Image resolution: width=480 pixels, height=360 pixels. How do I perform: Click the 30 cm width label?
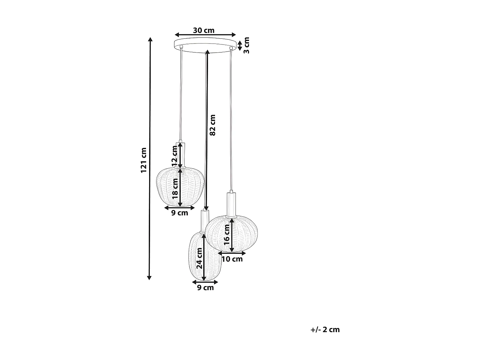pyautogui.click(x=204, y=30)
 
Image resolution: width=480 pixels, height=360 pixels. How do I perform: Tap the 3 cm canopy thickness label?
pyautogui.click(x=246, y=45)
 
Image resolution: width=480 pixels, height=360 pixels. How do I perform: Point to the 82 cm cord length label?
pyautogui.click(x=212, y=125)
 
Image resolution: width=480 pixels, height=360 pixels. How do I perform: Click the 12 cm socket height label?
pyautogui.click(x=174, y=156)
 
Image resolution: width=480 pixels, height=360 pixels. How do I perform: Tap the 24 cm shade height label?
pyautogui.click(x=199, y=258)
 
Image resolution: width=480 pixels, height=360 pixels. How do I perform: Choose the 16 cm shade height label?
pyautogui.click(x=227, y=235)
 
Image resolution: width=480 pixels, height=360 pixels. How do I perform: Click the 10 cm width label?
pyautogui.click(x=232, y=259)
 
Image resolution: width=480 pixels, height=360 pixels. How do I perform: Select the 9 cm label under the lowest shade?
pyautogui.click(x=205, y=288)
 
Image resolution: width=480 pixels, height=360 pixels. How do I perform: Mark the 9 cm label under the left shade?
pyautogui.click(x=180, y=213)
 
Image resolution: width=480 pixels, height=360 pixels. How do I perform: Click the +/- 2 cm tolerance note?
pyautogui.click(x=325, y=330)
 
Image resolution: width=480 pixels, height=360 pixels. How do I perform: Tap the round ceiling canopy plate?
pyautogui.click(x=205, y=44)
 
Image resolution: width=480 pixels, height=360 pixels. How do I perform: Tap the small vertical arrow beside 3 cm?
pyautogui.click(x=240, y=45)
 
